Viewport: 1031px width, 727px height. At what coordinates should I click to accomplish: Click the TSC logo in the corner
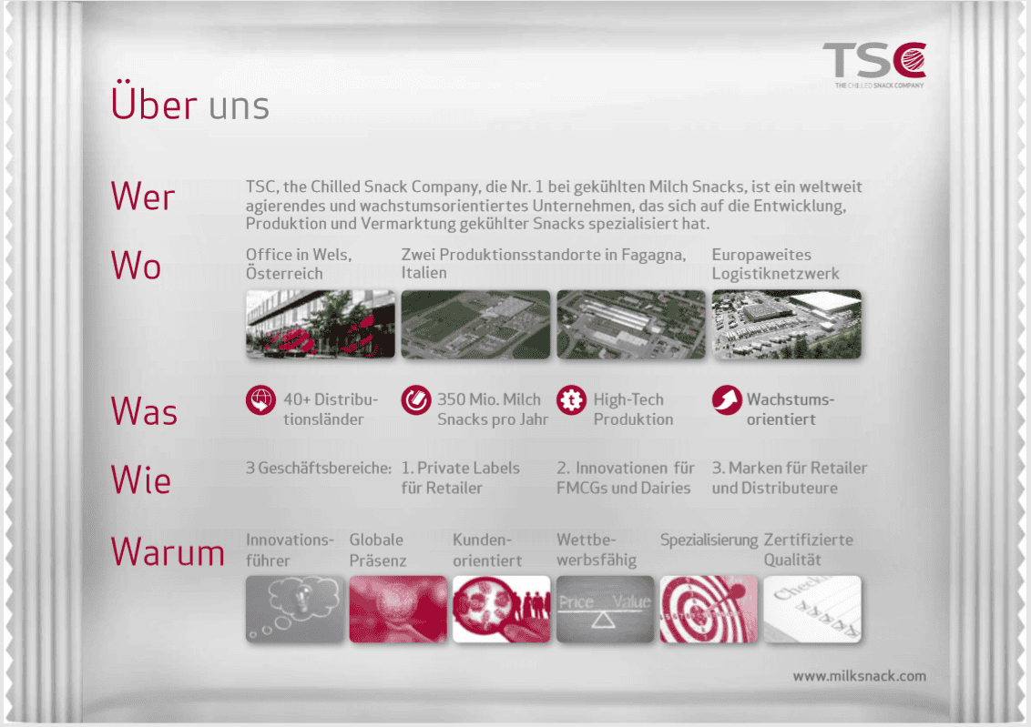(874, 65)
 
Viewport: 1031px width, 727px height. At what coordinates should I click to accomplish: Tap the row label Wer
(143, 197)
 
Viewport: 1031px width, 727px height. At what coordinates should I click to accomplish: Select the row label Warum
(168, 551)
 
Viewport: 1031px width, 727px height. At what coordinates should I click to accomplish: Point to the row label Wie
(140, 480)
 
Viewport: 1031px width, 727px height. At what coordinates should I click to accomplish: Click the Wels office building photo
(321, 325)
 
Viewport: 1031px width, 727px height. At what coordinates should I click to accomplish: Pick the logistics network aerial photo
(786, 325)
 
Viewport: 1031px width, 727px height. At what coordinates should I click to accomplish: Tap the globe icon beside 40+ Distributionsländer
(261, 400)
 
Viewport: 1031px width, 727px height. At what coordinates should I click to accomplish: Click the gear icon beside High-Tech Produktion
(571, 400)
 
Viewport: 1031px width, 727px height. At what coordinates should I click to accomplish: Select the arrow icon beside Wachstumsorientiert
(727, 400)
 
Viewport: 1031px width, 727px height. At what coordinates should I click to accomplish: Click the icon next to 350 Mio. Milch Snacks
(416, 400)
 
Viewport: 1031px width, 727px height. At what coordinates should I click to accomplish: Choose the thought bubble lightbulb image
(294, 609)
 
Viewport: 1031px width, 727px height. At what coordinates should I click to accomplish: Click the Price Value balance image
(605, 609)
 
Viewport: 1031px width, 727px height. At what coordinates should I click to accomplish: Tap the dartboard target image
(709, 609)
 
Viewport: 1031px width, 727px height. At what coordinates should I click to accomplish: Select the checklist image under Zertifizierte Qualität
(812, 609)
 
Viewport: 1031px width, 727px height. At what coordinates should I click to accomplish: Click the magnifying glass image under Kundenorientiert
(502, 609)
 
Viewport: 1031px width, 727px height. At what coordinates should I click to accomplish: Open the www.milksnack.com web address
(860, 676)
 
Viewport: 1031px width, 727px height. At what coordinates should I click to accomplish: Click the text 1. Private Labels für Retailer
(460, 478)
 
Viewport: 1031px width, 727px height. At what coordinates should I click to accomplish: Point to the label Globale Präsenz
(378, 550)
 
